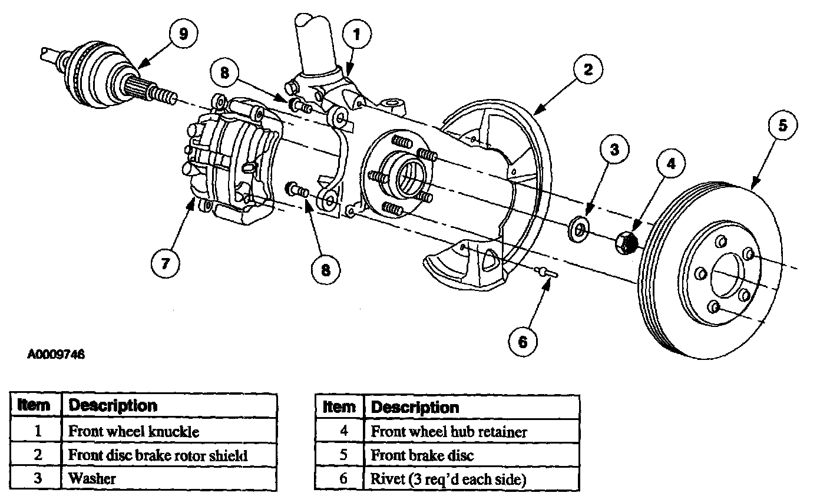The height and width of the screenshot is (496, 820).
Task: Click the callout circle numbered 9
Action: [x=183, y=34]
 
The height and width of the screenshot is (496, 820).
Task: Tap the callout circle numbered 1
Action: [x=356, y=34]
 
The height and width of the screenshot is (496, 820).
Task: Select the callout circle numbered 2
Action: [x=588, y=69]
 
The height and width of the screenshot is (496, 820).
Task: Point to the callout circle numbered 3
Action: [x=614, y=150]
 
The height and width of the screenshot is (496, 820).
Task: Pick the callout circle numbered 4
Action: [x=671, y=163]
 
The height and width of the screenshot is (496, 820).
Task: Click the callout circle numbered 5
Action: [x=783, y=125]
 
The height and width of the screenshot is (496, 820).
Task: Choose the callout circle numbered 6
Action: [x=523, y=342]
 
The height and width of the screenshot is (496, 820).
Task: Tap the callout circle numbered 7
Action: [x=165, y=263]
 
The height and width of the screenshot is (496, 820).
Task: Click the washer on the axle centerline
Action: [x=578, y=230]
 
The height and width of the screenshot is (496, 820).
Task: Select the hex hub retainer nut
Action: [x=626, y=243]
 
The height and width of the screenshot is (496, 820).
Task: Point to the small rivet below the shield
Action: [x=546, y=272]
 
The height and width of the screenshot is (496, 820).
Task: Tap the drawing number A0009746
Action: [x=56, y=355]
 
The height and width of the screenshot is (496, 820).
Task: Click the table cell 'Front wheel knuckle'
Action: [x=169, y=431]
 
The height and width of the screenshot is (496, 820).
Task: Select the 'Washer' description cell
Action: [x=169, y=478]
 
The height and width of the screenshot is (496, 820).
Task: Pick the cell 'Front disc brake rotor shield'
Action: [x=169, y=455]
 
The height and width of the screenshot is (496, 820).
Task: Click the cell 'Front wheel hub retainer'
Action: [x=472, y=432]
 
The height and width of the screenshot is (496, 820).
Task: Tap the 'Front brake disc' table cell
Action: [x=472, y=455]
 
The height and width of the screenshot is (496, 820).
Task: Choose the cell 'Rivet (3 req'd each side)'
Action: [x=472, y=478]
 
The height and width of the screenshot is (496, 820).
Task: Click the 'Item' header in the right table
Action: [x=339, y=407]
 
